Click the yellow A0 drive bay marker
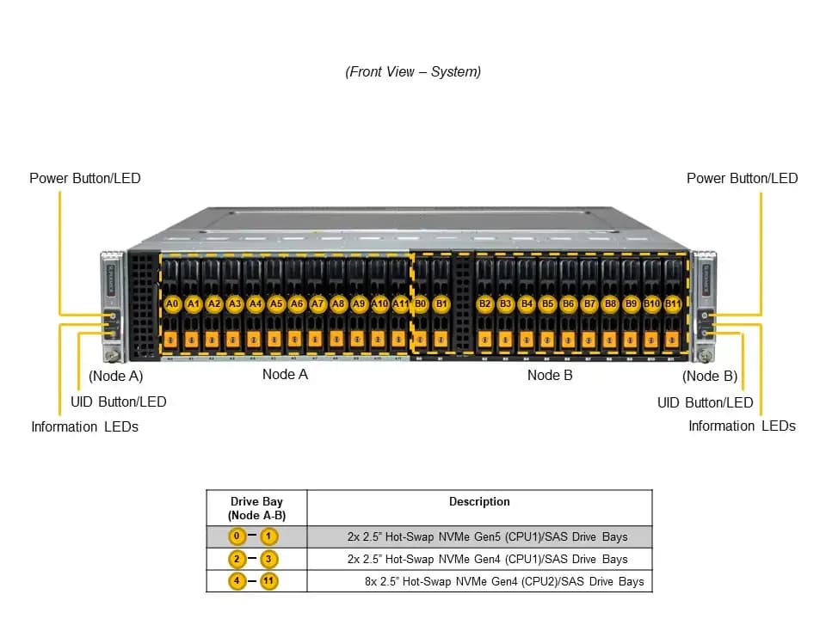172,303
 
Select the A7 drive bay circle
317,303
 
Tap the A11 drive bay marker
400,303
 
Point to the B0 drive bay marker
421,303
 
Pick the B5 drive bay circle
548,303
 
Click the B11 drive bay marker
673,303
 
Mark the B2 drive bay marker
484,303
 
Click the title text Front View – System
413,72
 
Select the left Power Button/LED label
85,179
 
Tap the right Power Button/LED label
743,179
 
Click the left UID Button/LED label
119,402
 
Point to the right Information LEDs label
743,426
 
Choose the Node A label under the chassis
285,374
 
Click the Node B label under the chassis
550,376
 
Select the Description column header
479,501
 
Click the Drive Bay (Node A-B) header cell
256,508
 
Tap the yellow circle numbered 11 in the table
268,581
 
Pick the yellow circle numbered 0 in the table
237,536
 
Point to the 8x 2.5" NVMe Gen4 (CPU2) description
504,582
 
